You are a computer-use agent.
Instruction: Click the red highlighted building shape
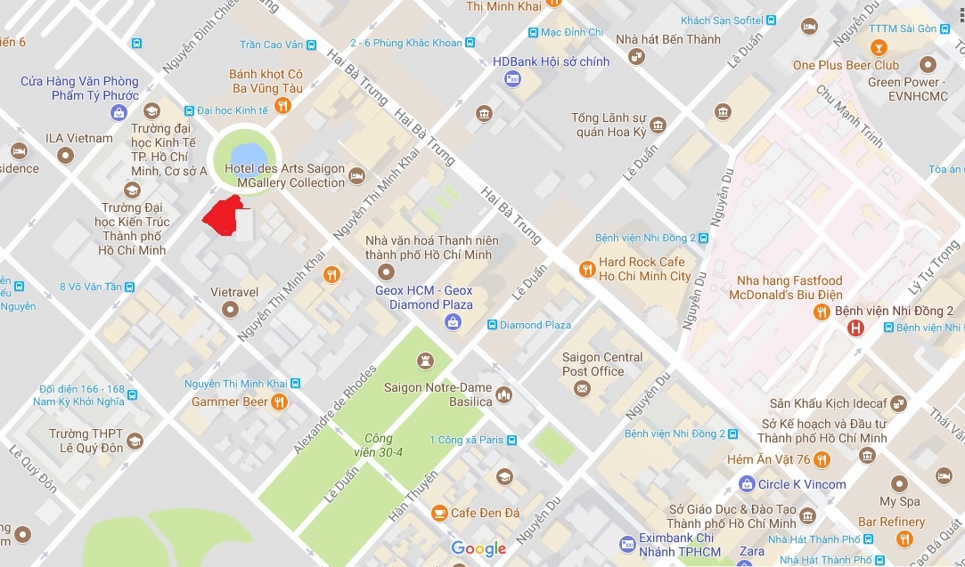pyautogui.click(x=224, y=216)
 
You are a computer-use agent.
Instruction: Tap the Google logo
pyautogui.click(x=478, y=548)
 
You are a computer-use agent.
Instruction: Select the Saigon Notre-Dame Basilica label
pyautogui.click(x=438, y=394)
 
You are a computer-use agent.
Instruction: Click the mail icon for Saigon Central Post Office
pyautogui.click(x=582, y=388)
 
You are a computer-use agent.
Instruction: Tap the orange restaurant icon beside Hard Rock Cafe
pyautogui.click(x=586, y=269)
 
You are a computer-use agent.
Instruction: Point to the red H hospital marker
pyautogui.click(x=855, y=328)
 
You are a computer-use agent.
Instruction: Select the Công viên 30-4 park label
pyautogui.click(x=379, y=445)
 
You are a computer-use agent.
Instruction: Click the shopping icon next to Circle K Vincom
pyautogui.click(x=747, y=484)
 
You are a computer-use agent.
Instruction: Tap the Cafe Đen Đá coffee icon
pyautogui.click(x=439, y=513)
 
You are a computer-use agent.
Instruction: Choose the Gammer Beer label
pyautogui.click(x=229, y=401)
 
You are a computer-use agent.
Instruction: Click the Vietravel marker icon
pyautogui.click(x=231, y=309)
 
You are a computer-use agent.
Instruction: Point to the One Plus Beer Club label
pyautogui.click(x=846, y=65)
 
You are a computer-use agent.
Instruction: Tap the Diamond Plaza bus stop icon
pyautogui.click(x=492, y=325)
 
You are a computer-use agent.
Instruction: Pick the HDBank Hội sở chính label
pyautogui.click(x=551, y=61)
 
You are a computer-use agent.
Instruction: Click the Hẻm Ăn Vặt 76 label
pyautogui.click(x=768, y=459)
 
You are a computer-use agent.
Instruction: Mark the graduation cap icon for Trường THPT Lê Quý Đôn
pyautogui.click(x=135, y=441)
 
